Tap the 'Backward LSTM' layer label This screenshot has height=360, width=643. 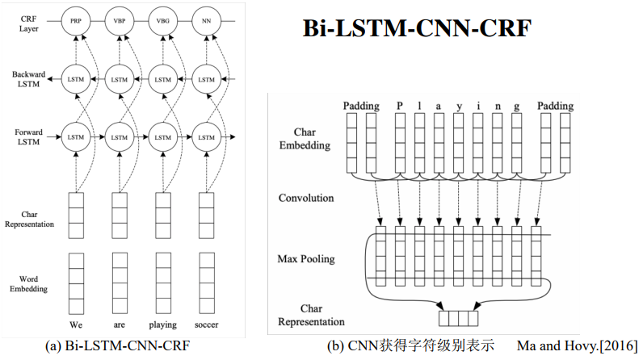tap(29, 79)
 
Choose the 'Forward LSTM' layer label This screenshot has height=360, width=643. tap(29, 137)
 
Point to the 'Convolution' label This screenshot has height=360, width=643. tap(305, 198)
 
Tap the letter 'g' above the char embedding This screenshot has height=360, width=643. tap(516, 106)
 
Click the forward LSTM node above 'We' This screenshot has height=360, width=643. tap(76, 138)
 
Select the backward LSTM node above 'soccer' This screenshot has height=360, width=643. tap(207, 80)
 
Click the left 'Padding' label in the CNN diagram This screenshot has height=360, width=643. tap(360, 106)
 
